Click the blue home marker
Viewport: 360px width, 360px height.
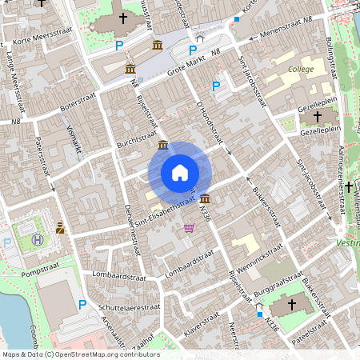click(180, 172)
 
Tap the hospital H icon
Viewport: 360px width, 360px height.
click(37, 238)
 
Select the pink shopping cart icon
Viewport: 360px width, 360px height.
click(190, 229)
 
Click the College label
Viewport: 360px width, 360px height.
click(301, 70)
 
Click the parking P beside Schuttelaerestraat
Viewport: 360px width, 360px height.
click(82, 304)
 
